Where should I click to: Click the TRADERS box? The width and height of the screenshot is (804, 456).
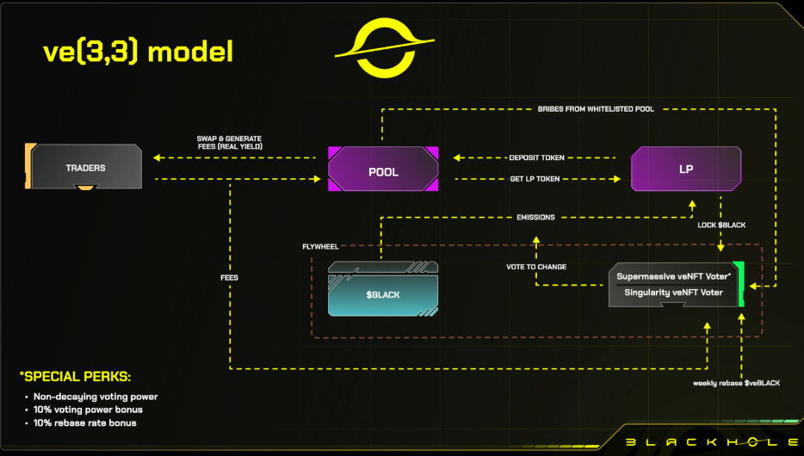[85, 168]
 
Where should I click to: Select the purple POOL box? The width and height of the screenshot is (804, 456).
[383, 171]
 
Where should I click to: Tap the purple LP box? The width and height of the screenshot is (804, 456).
[685, 169]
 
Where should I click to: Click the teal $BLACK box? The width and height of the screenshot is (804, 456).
[382, 294]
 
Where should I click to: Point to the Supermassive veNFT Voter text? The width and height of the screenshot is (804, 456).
[674, 276]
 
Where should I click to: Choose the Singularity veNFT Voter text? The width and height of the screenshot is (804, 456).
[674, 293]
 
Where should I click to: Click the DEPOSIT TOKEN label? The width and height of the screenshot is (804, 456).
[537, 157]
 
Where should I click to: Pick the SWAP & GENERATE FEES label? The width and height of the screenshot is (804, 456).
[229, 142]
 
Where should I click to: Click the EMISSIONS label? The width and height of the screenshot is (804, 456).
[535, 217]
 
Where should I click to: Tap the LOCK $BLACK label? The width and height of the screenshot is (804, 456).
[721, 225]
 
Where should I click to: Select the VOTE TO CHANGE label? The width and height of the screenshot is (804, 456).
[536, 267]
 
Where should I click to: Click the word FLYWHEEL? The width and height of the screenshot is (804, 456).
[320, 247]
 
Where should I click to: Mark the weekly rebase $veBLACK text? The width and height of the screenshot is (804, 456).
[736, 382]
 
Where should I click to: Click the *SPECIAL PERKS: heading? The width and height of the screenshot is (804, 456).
[76, 376]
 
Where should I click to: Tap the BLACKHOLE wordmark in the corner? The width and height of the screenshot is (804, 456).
[709, 442]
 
